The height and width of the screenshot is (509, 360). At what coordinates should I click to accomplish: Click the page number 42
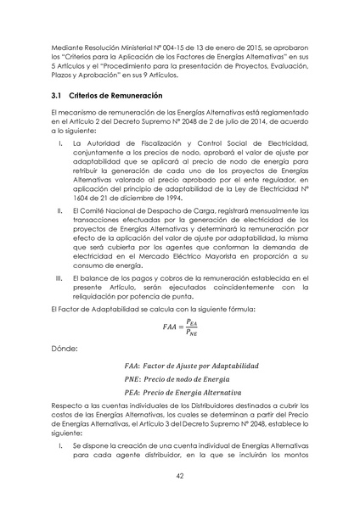pos(180,476)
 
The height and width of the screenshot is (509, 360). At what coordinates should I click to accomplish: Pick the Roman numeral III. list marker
pos(58,277)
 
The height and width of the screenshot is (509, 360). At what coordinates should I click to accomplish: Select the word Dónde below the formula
pos(66,347)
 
